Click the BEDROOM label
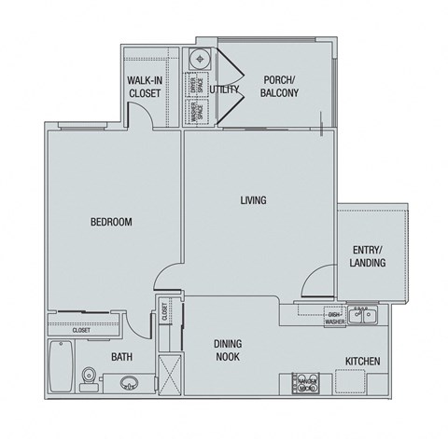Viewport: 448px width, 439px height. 110,222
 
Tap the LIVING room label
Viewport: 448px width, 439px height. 253,200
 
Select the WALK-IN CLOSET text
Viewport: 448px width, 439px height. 146,87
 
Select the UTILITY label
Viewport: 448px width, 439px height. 225,89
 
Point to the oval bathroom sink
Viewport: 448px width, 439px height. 128,380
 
